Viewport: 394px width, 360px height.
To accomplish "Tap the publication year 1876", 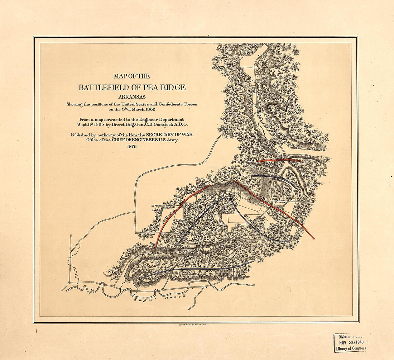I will point(131,146).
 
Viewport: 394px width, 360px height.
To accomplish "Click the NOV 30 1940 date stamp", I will point(351,342).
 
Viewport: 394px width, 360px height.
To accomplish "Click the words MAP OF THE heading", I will point(131,76).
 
